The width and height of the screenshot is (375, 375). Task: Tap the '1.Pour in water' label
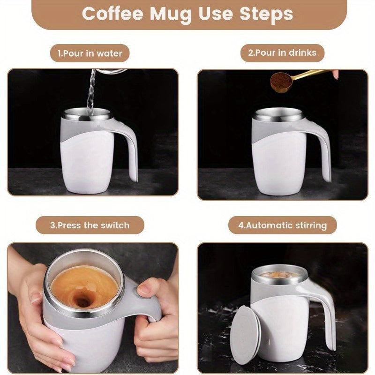[90, 53]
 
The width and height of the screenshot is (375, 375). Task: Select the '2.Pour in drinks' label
[282, 53]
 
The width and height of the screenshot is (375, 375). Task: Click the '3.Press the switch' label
[90, 225]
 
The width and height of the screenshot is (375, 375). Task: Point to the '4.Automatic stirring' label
[282, 225]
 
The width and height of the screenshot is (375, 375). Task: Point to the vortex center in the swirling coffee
[83, 300]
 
